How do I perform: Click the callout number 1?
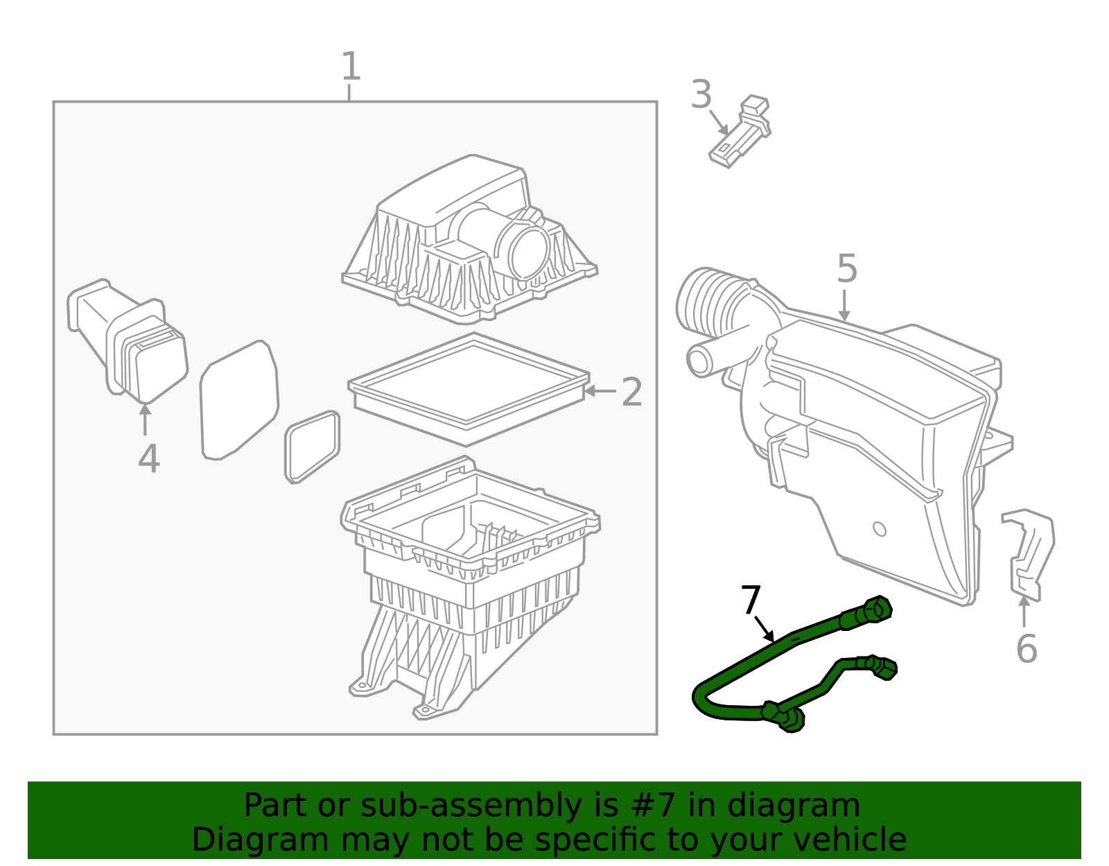pyautogui.click(x=351, y=67)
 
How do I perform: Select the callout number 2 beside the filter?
pyautogui.click(x=631, y=392)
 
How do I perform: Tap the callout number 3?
pyautogui.click(x=701, y=95)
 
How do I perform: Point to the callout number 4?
pyautogui.click(x=148, y=459)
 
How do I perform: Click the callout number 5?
pyautogui.click(x=847, y=269)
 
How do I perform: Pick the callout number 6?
pyautogui.click(x=1026, y=649)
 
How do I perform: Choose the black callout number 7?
pyautogui.click(x=751, y=600)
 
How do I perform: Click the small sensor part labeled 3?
pyautogui.click(x=742, y=132)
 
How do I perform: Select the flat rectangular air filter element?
pyautogui.click(x=469, y=388)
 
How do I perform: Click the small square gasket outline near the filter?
pyautogui.click(x=313, y=447)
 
